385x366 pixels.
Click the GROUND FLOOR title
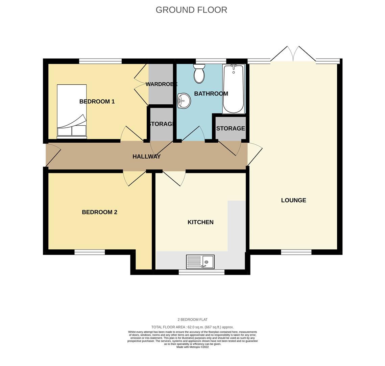(x=191, y=10)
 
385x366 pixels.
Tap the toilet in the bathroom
(x=199, y=74)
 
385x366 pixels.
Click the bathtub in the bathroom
(x=234, y=89)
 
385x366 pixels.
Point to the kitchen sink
(x=200, y=262)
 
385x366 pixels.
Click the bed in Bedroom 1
(x=72, y=111)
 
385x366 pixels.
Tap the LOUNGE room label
(x=293, y=200)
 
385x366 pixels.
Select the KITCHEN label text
(x=200, y=222)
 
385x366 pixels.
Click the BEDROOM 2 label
(x=99, y=212)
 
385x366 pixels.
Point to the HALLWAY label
(x=146, y=157)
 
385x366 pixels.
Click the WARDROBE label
(x=161, y=84)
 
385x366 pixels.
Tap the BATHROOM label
(x=211, y=94)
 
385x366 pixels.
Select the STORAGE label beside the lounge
(x=231, y=128)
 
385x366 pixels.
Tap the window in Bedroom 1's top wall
(x=100, y=61)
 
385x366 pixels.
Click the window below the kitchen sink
(x=201, y=272)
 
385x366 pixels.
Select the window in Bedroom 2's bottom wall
(x=90, y=252)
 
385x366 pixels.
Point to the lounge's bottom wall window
(x=296, y=252)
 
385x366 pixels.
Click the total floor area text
(x=192, y=327)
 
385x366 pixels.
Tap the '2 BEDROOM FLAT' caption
(x=192, y=320)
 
